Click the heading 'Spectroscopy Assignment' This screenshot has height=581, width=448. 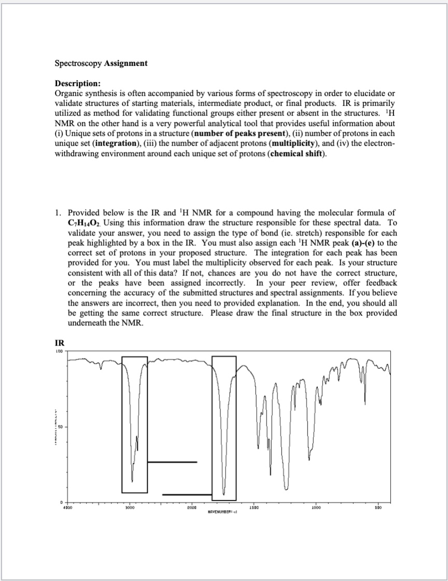[101, 63]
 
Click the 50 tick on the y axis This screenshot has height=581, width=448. [60, 428]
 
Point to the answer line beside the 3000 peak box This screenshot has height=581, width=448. [172, 462]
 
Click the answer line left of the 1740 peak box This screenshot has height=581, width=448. [187, 494]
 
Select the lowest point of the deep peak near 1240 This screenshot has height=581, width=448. [286, 489]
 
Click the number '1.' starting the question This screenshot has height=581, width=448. [58, 213]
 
